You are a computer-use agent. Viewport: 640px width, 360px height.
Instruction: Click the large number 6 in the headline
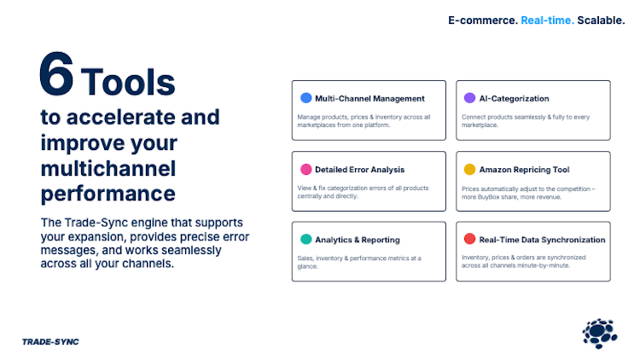pos(56,74)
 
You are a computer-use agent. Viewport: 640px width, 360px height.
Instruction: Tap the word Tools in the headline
pos(128,82)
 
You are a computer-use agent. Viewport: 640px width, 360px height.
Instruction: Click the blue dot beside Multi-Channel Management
pos(306,98)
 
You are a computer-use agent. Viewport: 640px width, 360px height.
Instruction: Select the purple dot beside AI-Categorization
pos(470,98)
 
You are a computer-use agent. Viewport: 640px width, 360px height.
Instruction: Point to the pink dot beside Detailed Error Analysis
pos(306,169)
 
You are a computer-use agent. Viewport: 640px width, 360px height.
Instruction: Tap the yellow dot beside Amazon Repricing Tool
pos(470,169)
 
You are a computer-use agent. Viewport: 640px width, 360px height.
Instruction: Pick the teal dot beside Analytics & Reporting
pos(306,239)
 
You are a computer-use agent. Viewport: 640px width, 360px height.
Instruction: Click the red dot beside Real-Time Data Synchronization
pos(470,239)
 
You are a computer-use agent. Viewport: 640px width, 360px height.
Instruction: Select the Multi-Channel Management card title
pos(369,99)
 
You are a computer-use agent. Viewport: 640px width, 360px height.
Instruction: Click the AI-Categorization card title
pos(514,99)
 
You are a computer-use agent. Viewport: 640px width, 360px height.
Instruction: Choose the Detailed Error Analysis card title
pos(359,170)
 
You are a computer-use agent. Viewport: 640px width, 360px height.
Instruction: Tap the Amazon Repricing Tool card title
pos(524,170)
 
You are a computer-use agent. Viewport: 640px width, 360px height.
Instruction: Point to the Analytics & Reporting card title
pos(358,240)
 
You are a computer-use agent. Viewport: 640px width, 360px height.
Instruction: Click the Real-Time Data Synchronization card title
pos(542,240)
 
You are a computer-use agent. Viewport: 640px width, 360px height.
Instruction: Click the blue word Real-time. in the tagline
pos(547,20)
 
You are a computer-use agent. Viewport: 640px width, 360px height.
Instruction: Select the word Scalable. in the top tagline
pos(601,20)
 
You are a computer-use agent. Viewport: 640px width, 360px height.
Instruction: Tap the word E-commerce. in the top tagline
pos(483,20)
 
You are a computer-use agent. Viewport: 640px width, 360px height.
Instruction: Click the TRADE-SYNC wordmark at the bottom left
pos(50,342)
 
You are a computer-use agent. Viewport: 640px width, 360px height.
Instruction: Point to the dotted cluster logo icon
pos(600,334)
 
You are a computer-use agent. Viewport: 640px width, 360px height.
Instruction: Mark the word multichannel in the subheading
pos(108,169)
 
